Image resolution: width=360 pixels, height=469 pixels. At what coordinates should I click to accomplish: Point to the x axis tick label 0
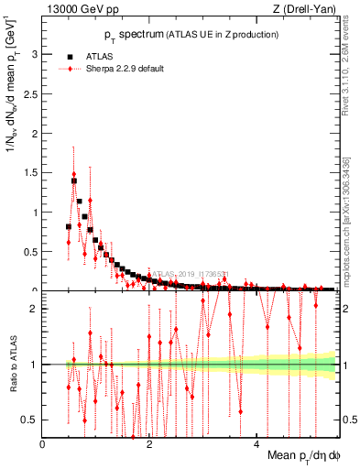click(x=43, y=443)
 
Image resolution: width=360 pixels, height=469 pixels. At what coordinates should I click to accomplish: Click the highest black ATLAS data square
click(x=74, y=181)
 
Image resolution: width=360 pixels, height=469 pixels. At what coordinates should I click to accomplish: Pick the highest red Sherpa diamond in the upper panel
click(x=74, y=174)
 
